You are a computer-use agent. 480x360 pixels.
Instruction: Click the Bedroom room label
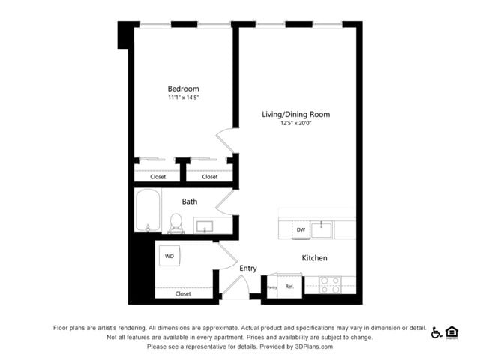184,88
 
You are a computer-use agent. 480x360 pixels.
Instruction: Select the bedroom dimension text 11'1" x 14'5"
184,97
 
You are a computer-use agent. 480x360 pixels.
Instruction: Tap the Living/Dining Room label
295,115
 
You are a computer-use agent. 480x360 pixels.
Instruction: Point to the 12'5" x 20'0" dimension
295,123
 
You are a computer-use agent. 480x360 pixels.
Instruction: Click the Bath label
190,201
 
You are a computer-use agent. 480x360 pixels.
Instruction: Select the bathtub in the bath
148,211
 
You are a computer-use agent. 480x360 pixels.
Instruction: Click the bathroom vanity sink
204,224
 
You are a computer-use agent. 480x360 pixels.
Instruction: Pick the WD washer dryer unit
169,256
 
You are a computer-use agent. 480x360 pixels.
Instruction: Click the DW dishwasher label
301,229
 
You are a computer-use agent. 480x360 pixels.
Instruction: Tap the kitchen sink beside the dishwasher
323,226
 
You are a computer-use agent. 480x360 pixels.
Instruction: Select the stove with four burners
329,284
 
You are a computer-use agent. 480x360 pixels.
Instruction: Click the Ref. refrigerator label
289,286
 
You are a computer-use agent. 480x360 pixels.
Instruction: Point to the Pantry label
272,287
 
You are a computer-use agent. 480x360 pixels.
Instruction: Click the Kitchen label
314,258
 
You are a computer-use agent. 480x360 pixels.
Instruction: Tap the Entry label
248,268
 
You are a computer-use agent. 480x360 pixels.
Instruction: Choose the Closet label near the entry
183,293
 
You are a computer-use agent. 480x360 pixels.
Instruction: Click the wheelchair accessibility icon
436,332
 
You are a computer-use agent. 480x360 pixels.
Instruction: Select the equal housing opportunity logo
451,332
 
